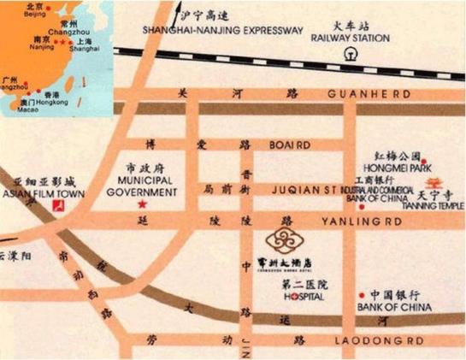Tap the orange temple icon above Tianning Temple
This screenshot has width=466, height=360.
[434, 181]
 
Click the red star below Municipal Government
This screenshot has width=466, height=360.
[142, 205]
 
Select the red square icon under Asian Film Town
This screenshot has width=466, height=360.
[57, 206]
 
